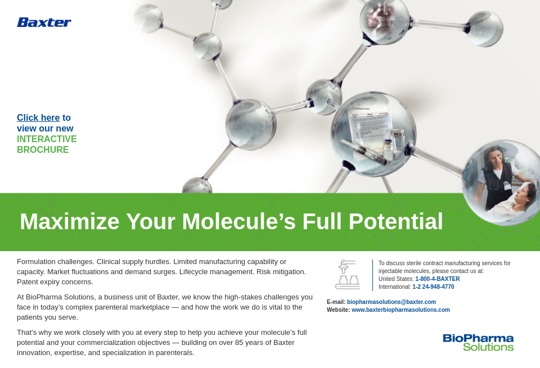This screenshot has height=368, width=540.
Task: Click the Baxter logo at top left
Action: [44, 22]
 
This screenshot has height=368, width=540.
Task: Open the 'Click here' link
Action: [38, 118]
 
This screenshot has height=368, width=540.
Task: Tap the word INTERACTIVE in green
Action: [47, 139]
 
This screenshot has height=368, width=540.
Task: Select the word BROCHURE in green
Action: [43, 150]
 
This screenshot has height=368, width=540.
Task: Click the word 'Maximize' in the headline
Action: [70, 221]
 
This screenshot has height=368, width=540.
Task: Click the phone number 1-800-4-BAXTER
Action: [437, 279]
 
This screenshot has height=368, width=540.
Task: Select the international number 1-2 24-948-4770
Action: [433, 287]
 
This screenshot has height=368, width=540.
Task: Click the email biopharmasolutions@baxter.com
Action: [391, 302]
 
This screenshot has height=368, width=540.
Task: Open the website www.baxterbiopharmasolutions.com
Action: [400, 310]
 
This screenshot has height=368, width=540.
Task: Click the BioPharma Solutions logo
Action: [478, 343]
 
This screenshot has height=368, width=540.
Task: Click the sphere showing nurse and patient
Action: [503, 183]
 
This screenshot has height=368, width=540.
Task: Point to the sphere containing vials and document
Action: [373, 134]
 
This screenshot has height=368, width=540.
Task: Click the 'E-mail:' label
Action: [336, 302]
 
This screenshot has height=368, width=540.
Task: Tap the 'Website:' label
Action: [338, 310]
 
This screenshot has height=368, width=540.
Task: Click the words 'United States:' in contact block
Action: [396, 279]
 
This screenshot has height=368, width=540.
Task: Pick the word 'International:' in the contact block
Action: [395, 287]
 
